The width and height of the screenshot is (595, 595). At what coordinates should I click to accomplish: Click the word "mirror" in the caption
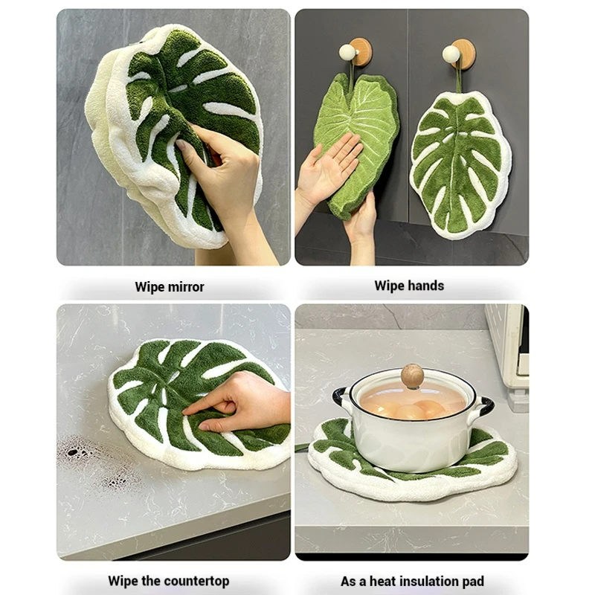pos(187,287)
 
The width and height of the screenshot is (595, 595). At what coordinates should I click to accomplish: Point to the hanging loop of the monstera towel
pos(459,76)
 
